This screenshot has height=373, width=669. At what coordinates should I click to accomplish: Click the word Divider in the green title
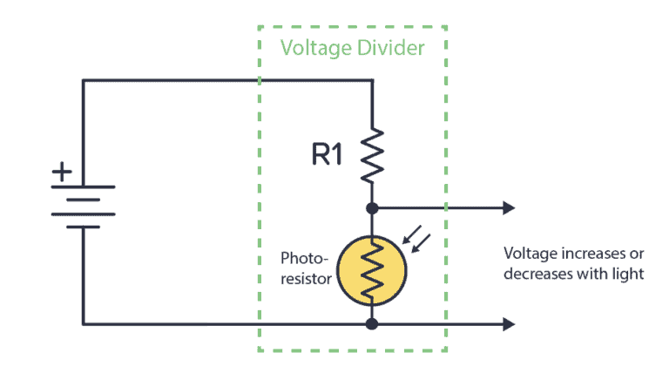[x=390, y=47]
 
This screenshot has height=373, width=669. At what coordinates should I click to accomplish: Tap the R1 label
[x=328, y=154]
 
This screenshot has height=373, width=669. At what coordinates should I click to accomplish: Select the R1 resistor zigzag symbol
[x=373, y=154]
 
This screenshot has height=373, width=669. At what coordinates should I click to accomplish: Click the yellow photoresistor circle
[x=373, y=269]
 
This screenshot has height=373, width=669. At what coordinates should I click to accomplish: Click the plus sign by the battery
[x=62, y=172]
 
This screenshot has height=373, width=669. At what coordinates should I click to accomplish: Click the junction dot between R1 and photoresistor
[x=373, y=208]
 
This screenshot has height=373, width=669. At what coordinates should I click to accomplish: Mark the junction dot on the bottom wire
[x=373, y=324]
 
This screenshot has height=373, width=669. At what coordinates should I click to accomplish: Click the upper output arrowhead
[x=509, y=208]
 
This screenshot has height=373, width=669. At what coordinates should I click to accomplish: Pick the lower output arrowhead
[x=509, y=324]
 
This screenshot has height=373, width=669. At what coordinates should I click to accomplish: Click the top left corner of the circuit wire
[x=84, y=81]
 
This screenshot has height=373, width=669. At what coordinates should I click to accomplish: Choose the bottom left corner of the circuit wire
[x=84, y=324]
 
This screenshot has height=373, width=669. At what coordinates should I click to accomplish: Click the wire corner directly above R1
[x=373, y=81]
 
